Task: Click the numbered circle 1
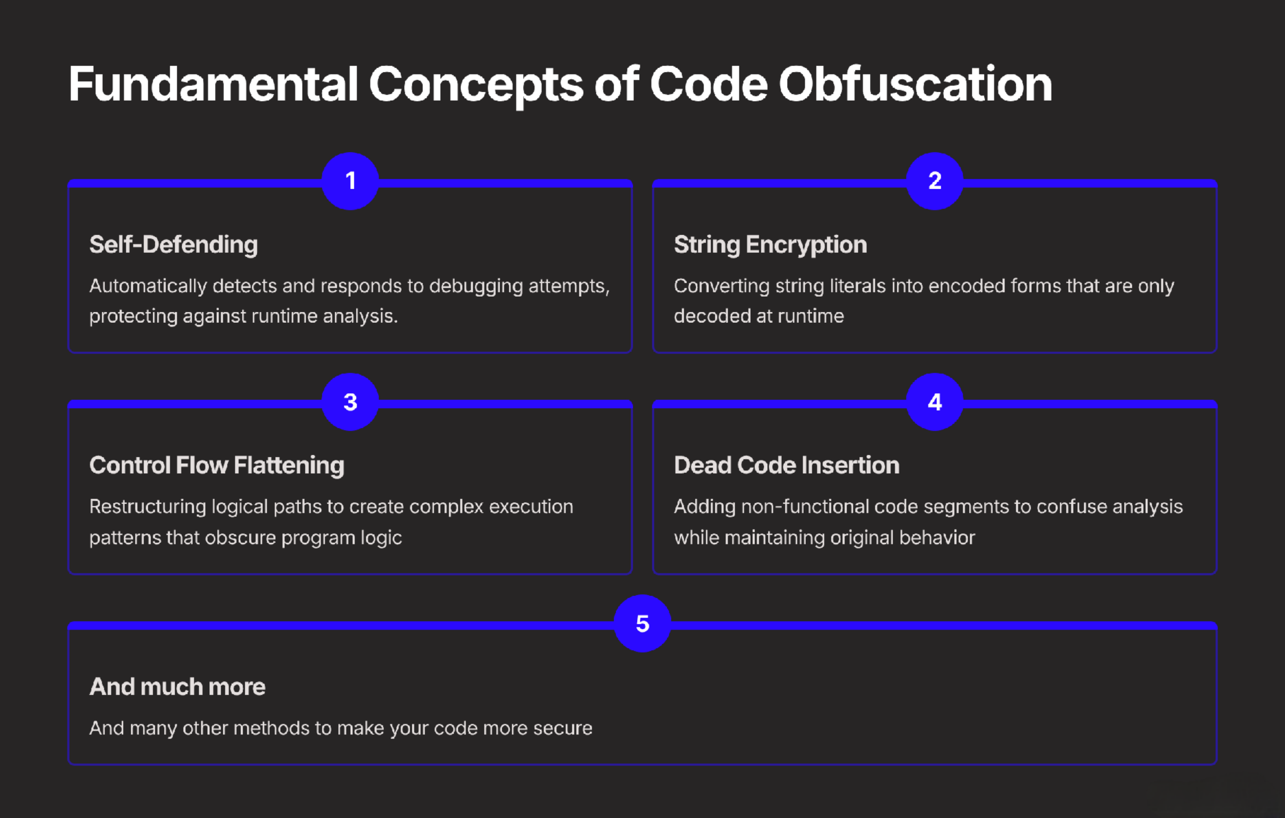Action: (350, 181)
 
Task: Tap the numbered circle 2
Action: (935, 181)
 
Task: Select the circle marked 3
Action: (350, 402)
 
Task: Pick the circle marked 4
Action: (935, 402)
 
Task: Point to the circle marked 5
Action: (642, 624)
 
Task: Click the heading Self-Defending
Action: (173, 245)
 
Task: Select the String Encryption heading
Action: (770, 245)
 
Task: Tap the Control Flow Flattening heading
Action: (217, 466)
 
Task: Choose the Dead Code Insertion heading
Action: (787, 465)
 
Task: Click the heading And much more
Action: (177, 687)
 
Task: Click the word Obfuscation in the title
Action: (916, 84)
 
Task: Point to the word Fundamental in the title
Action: (213, 84)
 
